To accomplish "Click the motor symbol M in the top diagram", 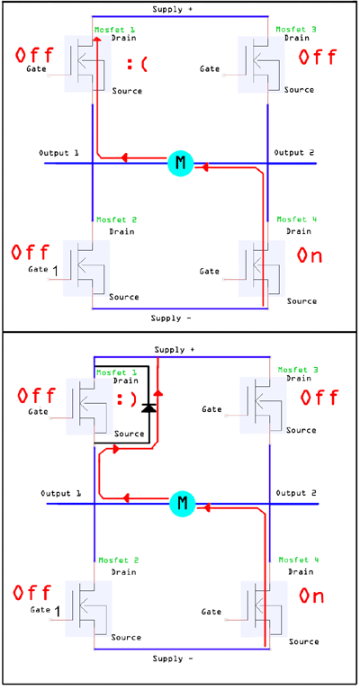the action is pos(180,163).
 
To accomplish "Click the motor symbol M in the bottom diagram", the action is pos(183,504).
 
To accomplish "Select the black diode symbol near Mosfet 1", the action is pos(149,408).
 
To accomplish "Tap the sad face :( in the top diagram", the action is pos(137,65).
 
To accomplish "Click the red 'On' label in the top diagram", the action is pos(310,255).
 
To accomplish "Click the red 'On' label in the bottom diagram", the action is pos(311,596).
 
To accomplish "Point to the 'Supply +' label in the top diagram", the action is pos(172,9).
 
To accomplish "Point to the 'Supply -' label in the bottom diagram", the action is pos(173,659).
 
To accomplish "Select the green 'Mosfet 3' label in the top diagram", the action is pos(296,30).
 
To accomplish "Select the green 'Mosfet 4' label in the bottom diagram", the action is pos(299,560).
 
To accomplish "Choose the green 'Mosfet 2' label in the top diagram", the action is pos(117,220).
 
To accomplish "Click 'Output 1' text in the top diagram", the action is pos(59,153).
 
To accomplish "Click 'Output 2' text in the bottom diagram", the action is pos(296,493).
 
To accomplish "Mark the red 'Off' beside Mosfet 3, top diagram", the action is pos(318,57).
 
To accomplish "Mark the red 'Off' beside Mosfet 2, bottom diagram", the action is pos(32,592).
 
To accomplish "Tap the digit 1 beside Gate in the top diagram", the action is pos(55,272).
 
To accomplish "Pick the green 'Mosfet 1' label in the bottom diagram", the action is pos(117,372).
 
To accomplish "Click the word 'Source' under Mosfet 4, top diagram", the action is pos(301,301).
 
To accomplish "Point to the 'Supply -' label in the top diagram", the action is pos(171,318).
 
